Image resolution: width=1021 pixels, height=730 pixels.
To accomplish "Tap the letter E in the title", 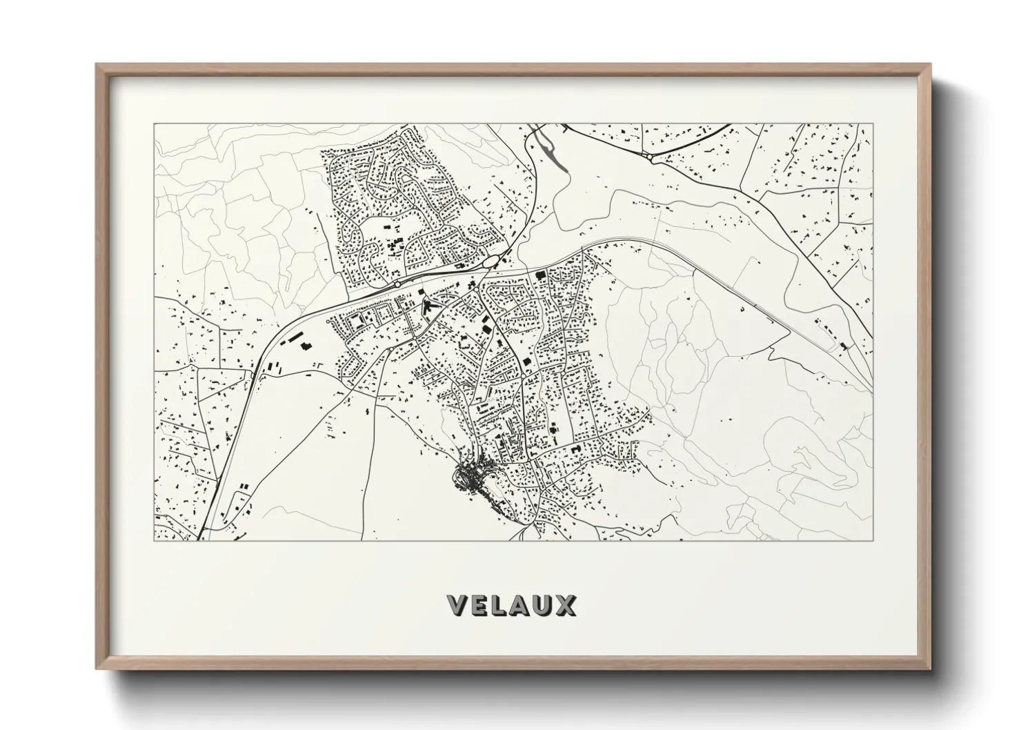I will (x=483, y=606).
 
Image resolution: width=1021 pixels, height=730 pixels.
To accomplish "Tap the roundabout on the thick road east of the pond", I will (x=651, y=157).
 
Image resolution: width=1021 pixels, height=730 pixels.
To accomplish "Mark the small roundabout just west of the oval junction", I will (x=398, y=284).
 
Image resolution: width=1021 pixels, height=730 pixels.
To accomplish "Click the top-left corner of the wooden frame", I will (x=97, y=65).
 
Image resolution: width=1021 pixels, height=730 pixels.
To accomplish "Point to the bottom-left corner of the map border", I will (x=154, y=540).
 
